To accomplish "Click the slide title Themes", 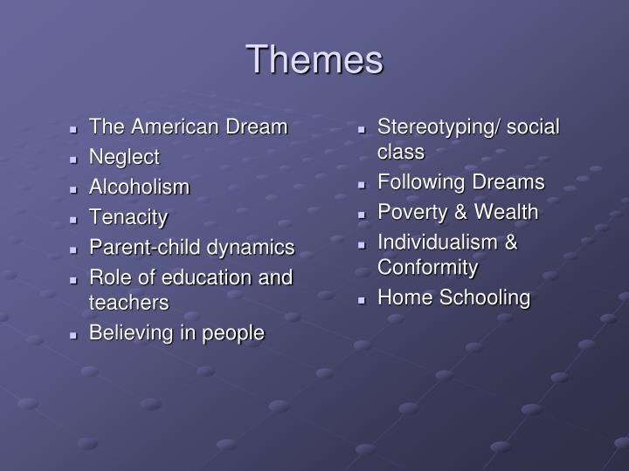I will pyautogui.click(x=314, y=60).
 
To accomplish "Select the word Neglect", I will pyautogui.click(x=124, y=157).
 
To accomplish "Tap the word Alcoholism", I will pyautogui.click(x=139, y=188).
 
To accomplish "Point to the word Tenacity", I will pyautogui.click(x=128, y=217).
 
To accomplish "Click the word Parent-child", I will pyautogui.click(x=145, y=248).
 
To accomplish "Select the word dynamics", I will pyautogui.click(x=250, y=248).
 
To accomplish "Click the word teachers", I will pyautogui.click(x=128, y=303).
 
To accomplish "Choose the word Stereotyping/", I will pyautogui.click(x=437, y=127).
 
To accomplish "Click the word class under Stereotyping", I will pyautogui.click(x=401, y=152).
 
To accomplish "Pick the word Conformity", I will pyautogui.click(x=427, y=267).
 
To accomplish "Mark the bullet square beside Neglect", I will pyautogui.click(x=77, y=159).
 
